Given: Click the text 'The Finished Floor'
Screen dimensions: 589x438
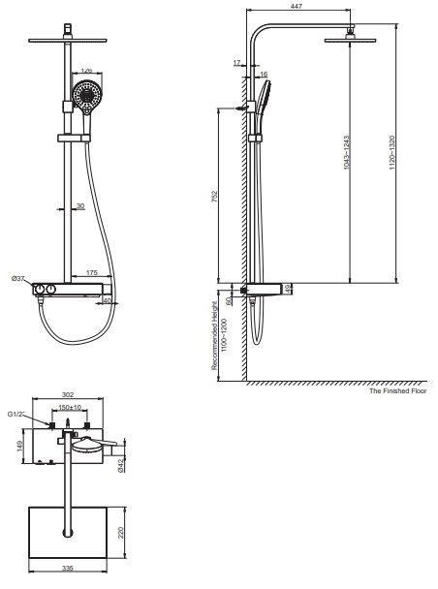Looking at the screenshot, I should (397, 390).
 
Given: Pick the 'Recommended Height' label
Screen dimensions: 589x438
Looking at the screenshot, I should (215, 335).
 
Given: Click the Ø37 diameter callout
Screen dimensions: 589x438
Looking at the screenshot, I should (18, 278).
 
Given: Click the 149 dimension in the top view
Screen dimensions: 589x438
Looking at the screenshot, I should (19, 446).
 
